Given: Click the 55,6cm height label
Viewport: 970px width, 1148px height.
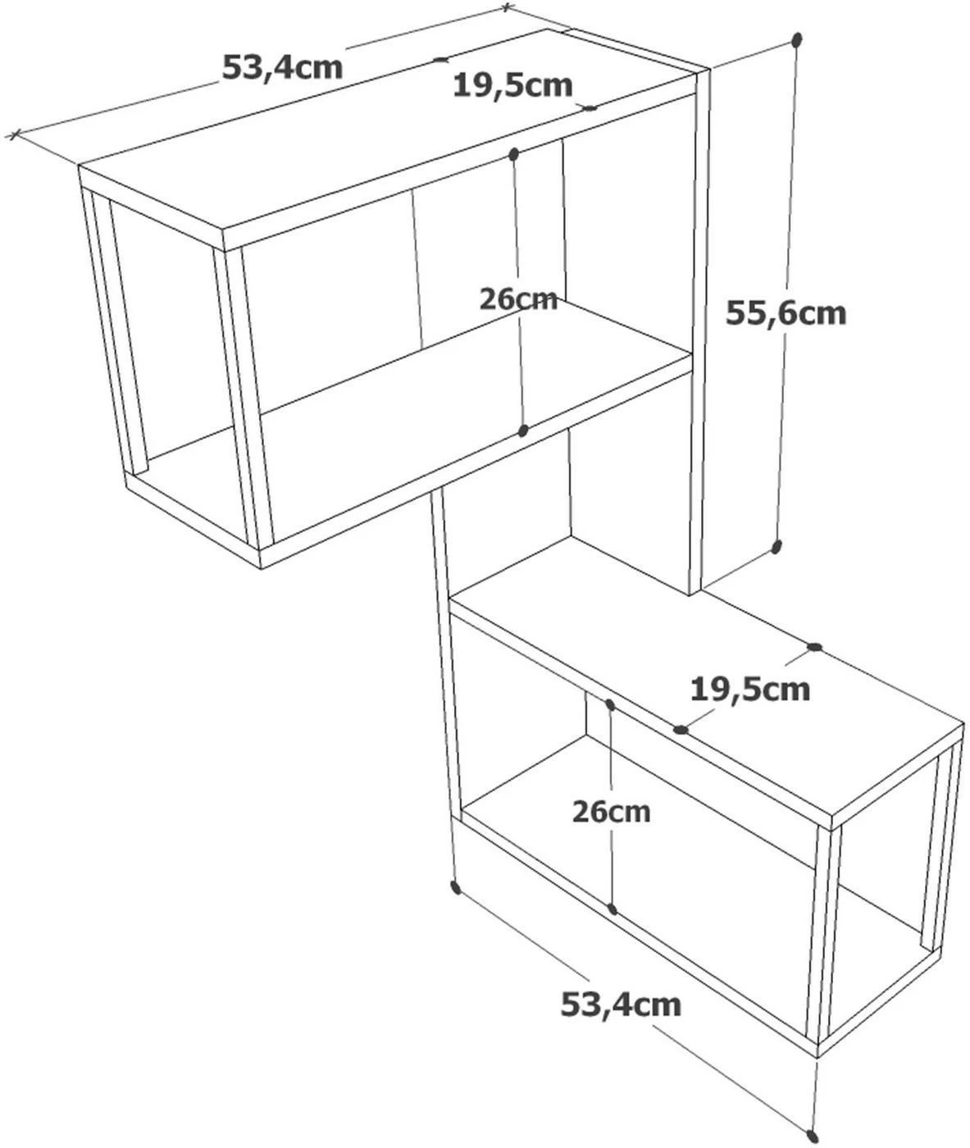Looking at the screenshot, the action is click(x=786, y=314).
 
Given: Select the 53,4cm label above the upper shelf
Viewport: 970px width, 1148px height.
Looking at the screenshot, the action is click(x=283, y=67).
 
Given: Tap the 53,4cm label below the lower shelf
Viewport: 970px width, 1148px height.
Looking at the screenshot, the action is click(x=621, y=1004).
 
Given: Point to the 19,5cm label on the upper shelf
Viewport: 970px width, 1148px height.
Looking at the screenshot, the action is click(x=512, y=86).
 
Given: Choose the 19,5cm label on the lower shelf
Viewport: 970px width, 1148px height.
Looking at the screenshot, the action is click(x=750, y=690).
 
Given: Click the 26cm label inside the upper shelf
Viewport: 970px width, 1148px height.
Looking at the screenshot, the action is click(x=518, y=299).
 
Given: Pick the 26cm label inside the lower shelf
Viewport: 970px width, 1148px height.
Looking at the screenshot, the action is click(x=611, y=812).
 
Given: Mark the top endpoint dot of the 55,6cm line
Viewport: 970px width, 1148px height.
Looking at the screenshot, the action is click(x=797, y=39).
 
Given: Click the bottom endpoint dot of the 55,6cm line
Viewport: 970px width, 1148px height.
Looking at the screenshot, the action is click(x=776, y=547).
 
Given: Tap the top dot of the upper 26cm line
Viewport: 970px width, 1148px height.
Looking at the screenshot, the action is click(x=513, y=154).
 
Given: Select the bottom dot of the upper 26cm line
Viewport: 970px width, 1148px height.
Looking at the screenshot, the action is click(x=523, y=430).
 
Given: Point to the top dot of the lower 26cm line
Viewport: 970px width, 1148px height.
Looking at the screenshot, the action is click(x=608, y=704).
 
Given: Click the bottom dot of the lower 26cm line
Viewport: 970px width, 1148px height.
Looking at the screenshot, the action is click(x=613, y=909).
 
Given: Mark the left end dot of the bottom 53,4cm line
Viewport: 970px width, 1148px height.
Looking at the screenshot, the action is click(x=455, y=887).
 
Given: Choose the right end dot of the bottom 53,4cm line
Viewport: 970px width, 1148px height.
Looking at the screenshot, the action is click(x=813, y=1136).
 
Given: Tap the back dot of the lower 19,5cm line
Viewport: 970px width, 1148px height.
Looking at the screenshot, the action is click(x=814, y=647).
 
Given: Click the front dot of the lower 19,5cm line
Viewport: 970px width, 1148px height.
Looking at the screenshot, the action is click(x=681, y=730).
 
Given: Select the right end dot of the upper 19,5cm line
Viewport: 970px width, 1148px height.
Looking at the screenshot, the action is click(x=590, y=108).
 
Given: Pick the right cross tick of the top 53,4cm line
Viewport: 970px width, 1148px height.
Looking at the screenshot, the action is click(x=507, y=7).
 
